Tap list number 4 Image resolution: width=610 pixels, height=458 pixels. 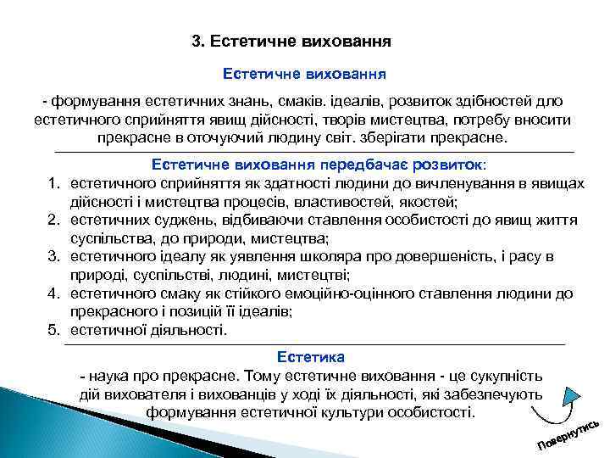[52, 293]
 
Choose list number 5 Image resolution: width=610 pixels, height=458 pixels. [52, 329]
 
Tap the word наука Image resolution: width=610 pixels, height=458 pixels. [108, 374]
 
